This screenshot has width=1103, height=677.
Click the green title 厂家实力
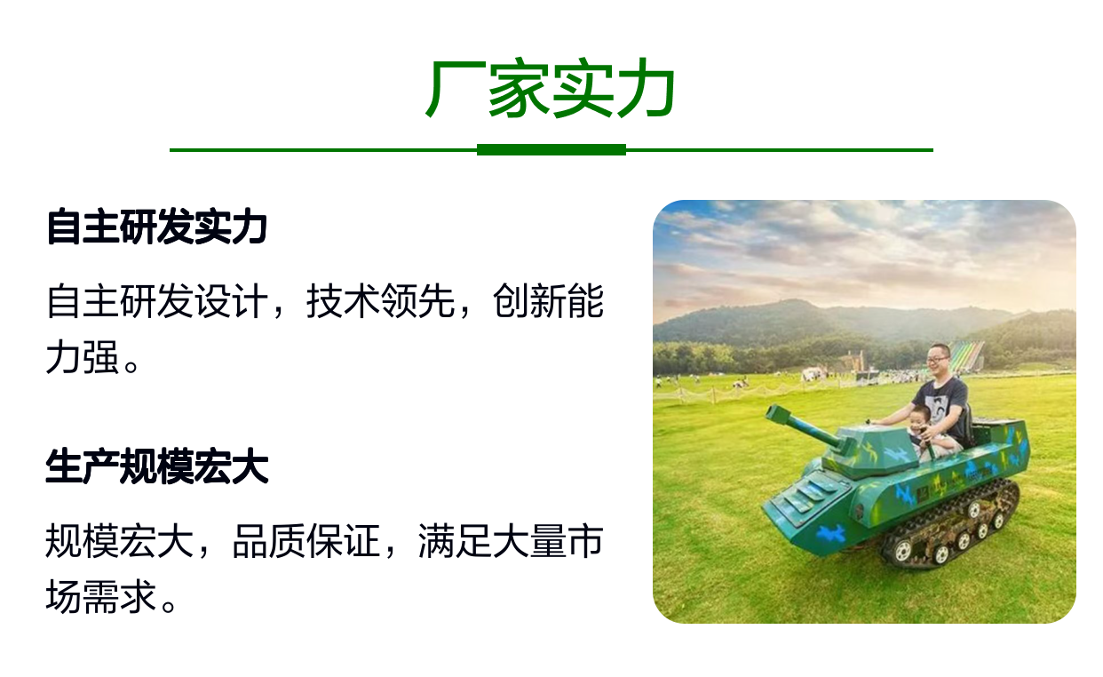pyautogui.click(x=551, y=88)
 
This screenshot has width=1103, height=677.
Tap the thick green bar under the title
pyautogui.click(x=551, y=150)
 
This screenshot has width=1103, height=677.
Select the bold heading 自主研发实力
pyautogui.click(x=157, y=227)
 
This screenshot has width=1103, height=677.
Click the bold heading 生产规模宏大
pyautogui.click(x=157, y=466)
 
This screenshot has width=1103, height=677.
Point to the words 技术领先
pyautogui.click(x=380, y=301)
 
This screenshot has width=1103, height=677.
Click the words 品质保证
pyautogui.click(x=306, y=541)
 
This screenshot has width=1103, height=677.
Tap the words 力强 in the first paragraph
pyautogui.click(x=83, y=357)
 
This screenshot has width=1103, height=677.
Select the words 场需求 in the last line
pyautogui.click(x=101, y=597)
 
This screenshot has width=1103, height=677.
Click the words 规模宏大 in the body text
pyautogui.click(x=120, y=541)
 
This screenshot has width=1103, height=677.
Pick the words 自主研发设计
pyautogui.click(x=157, y=301)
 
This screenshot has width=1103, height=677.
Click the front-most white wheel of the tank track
pyautogui.click(x=902, y=550)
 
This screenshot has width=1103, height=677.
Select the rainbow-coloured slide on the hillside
pyautogui.click(x=966, y=355)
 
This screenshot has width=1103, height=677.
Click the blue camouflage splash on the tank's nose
pyautogui.click(x=829, y=533)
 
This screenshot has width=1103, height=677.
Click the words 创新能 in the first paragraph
pyautogui.click(x=548, y=301)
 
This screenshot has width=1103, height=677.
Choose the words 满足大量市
pyautogui.click(x=512, y=541)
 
